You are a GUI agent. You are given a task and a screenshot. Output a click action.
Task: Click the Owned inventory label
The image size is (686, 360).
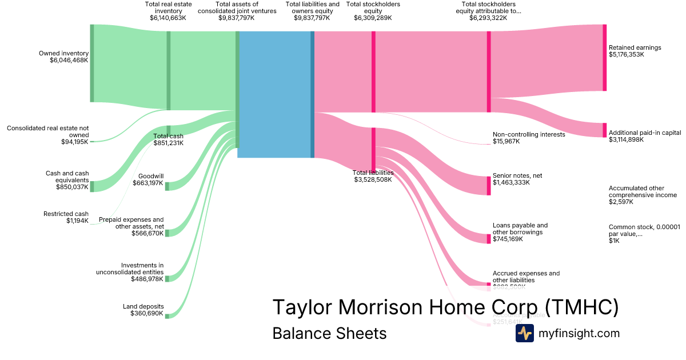click(x=63, y=53)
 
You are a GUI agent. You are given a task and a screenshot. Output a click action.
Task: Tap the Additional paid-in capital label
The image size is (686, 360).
click(x=645, y=132)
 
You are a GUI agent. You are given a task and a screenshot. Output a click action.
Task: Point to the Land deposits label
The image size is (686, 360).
click(x=143, y=306)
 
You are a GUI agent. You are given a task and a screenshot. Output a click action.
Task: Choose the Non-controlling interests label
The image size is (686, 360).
click(x=528, y=134)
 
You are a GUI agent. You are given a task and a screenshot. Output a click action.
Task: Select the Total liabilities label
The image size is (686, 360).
click(x=373, y=173)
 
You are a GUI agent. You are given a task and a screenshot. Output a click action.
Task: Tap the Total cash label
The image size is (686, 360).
click(x=168, y=136)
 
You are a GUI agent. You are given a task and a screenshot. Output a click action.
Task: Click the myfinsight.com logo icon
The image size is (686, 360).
click(x=524, y=333)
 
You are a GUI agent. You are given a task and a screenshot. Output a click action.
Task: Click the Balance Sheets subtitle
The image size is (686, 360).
click(x=329, y=333)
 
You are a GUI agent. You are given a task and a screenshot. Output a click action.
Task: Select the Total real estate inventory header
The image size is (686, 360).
click(x=167, y=7)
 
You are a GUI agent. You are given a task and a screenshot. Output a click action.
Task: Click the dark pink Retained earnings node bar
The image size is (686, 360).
click(x=604, y=57)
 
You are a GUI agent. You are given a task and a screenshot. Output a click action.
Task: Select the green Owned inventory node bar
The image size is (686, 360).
click(x=91, y=63)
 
